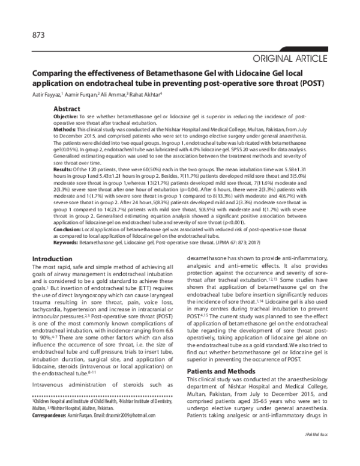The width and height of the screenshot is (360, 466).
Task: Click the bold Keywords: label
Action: (68, 242)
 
